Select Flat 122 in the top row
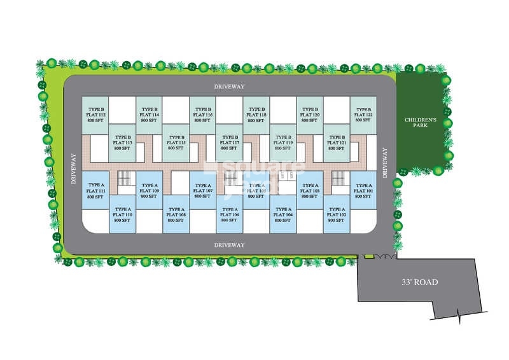(363, 114)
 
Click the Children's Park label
(420, 123)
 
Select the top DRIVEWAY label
(230, 85)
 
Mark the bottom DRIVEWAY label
(230, 244)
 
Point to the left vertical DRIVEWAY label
(73, 169)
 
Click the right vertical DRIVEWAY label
(385, 162)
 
